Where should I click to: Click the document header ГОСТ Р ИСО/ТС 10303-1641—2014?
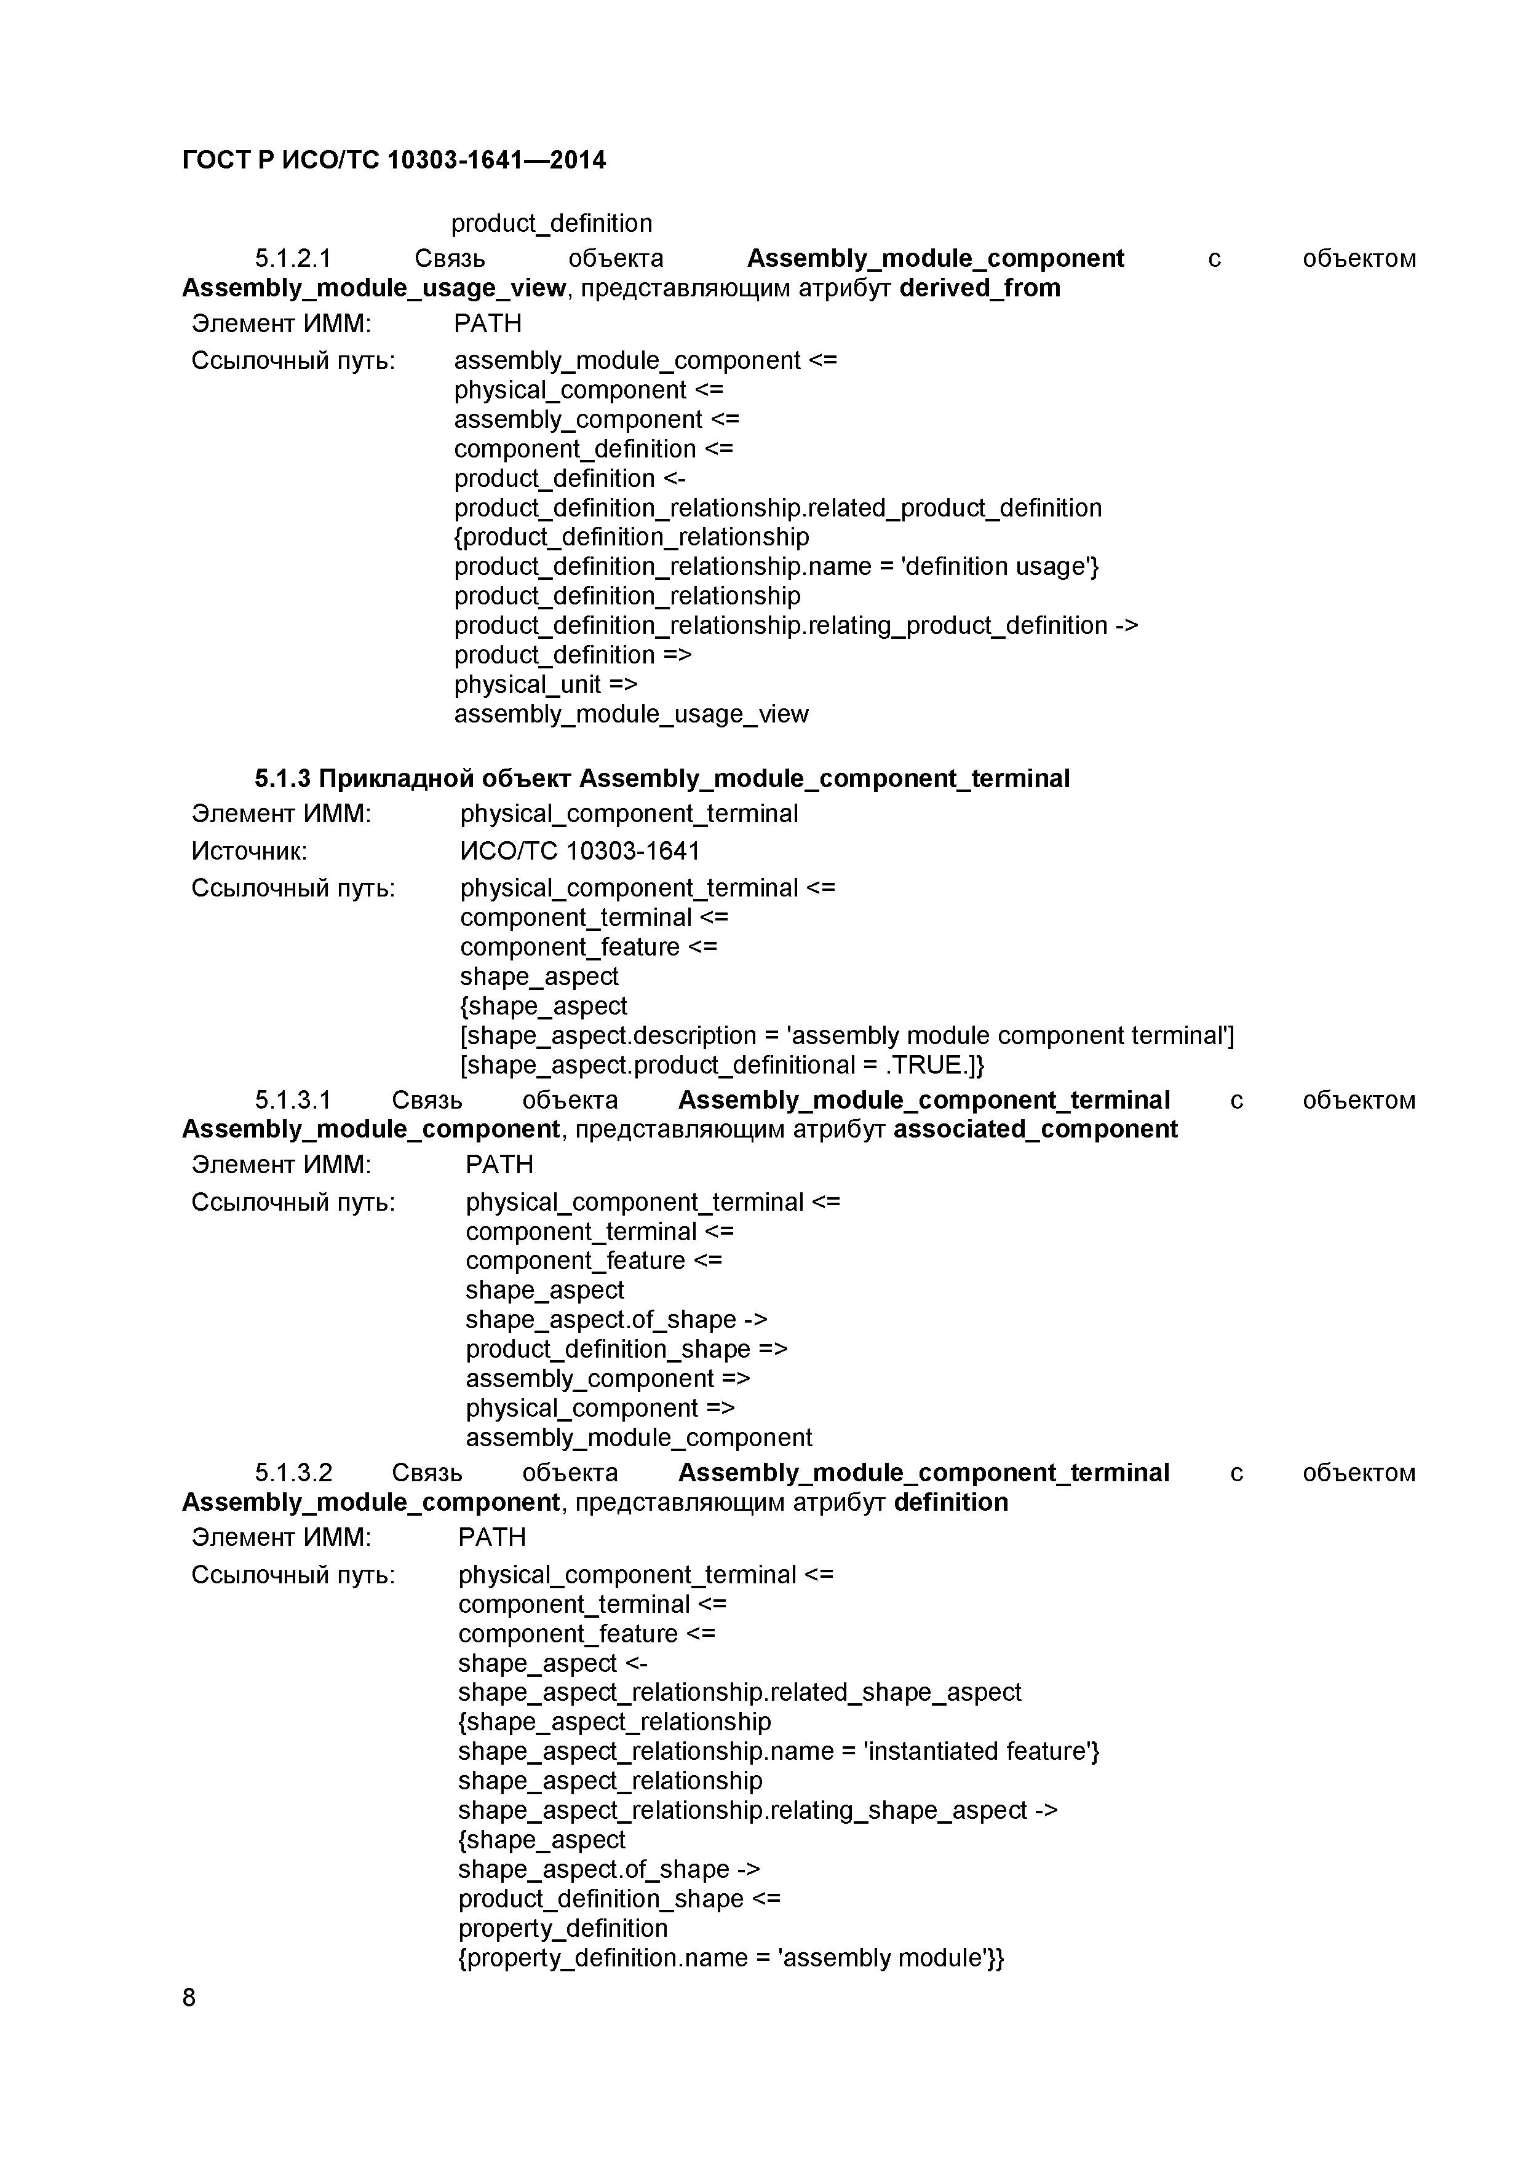click(394, 160)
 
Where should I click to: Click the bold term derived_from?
click(979, 288)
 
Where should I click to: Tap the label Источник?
click(249, 850)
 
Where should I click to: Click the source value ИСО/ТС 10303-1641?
click(580, 850)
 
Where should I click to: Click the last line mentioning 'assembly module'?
click(731, 1958)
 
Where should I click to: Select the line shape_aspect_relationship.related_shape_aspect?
click(739, 1692)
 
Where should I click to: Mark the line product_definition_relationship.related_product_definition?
click(777, 509)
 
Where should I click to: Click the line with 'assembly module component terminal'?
click(846, 1035)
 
